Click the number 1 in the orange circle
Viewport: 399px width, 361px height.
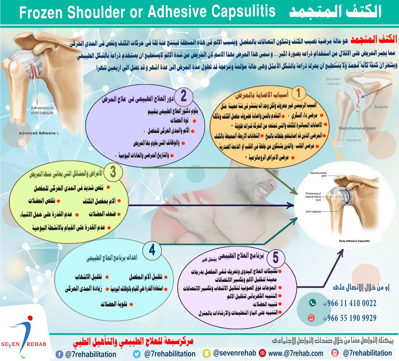click(298, 93)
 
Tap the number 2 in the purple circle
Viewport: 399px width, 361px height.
click(183, 96)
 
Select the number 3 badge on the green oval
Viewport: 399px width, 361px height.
click(113, 172)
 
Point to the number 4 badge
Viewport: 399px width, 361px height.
click(152, 250)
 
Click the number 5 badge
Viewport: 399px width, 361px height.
click(275, 258)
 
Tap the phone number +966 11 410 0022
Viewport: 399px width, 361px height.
click(349, 303)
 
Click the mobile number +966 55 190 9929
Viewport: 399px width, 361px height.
click(349, 318)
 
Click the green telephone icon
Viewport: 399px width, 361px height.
click(312, 303)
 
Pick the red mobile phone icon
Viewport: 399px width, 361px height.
click(311, 318)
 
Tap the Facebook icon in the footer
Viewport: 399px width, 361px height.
click(59, 354)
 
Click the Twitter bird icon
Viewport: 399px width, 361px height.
click(137, 354)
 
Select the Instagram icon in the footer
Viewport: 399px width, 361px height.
click(335, 353)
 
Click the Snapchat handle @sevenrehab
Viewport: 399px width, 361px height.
click(234, 353)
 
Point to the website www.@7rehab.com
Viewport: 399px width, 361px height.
click(296, 354)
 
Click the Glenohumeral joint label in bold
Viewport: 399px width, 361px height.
click(357, 128)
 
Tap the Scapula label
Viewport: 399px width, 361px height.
click(381, 107)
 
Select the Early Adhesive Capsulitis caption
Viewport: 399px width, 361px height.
click(354, 241)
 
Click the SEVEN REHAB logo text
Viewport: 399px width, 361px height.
click(23, 344)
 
